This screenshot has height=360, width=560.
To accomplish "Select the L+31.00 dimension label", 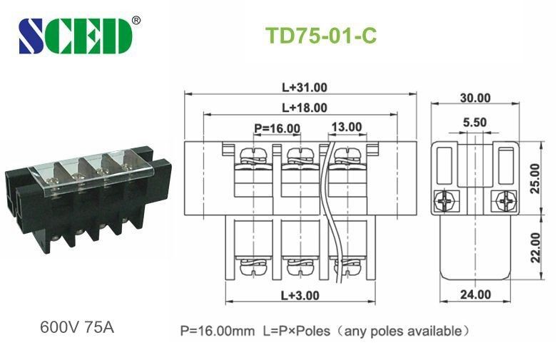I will [x=304, y=88].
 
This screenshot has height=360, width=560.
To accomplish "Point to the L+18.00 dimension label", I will [x=304, y=108].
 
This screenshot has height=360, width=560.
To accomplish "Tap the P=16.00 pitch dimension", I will [x=278, y=128].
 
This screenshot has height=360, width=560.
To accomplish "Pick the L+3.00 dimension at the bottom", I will [x=300, y=294].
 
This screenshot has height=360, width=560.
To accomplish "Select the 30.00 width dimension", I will [x=474, y=98].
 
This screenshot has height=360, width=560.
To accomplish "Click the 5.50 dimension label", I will [x=474, y=123].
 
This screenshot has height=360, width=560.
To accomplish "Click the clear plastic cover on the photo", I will [x=93, y=171].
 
